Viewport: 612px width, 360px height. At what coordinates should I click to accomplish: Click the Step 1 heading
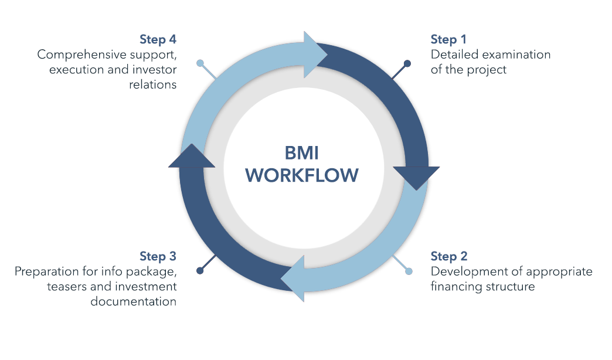448,39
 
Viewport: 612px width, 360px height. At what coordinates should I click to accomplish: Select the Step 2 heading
448,256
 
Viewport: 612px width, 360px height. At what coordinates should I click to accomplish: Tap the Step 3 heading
158,256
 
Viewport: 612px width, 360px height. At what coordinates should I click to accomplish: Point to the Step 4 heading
158,39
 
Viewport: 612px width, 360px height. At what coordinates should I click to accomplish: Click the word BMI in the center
302,153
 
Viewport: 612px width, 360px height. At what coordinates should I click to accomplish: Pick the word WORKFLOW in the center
302,175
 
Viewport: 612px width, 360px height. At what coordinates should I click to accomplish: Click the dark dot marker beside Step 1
407,63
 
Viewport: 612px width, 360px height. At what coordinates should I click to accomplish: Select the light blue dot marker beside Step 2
409,271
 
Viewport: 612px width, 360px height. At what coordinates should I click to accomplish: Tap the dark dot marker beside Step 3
200,271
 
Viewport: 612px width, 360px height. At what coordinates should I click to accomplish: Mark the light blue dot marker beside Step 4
200,63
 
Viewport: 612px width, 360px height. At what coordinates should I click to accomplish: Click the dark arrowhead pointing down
416,176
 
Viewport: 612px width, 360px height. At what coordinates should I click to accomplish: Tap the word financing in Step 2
455,287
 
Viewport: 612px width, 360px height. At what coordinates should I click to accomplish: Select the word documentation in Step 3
133,302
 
